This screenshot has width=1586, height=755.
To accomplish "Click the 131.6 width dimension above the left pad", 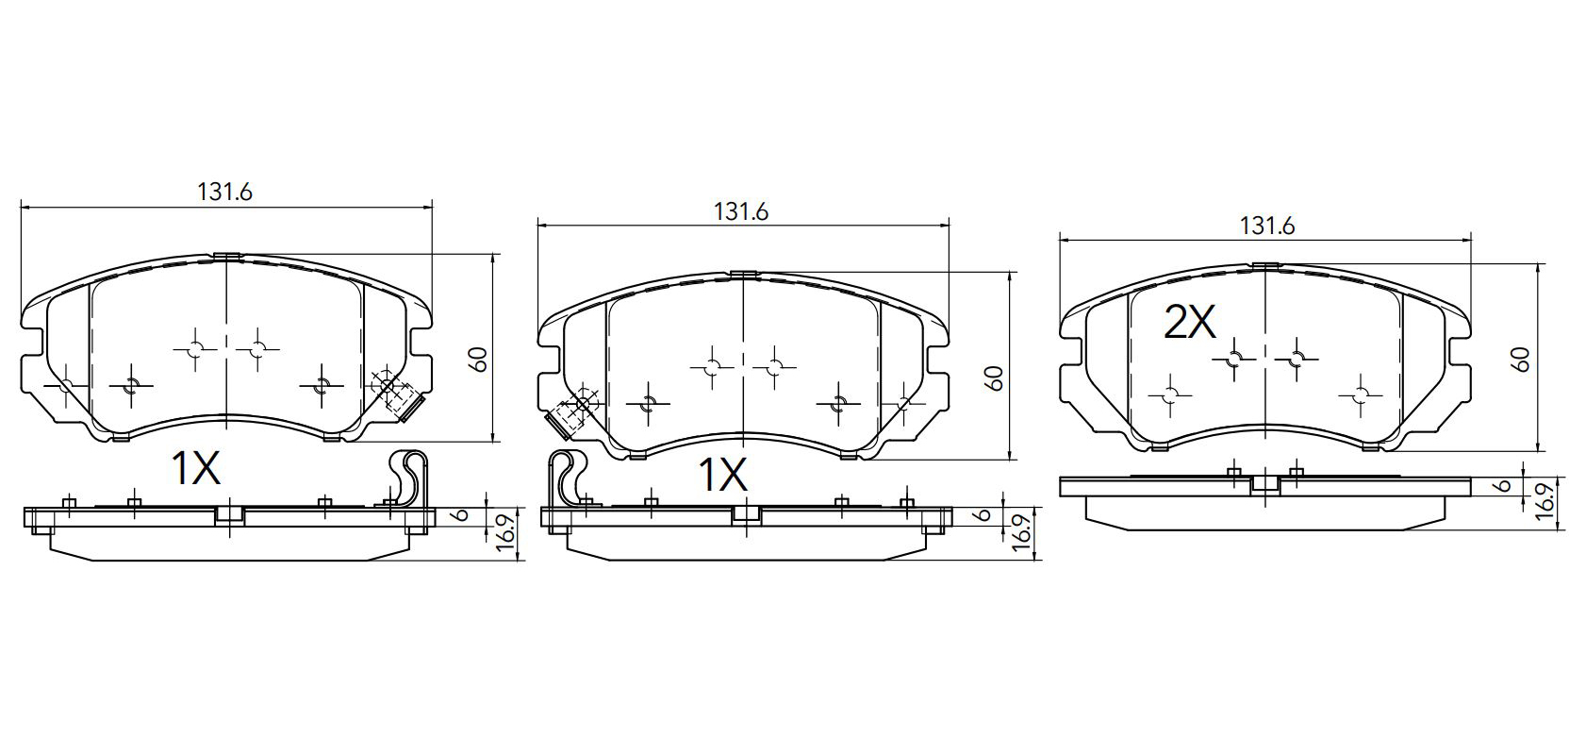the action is pos(224,193).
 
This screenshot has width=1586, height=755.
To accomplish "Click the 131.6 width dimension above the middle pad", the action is pos(740,212).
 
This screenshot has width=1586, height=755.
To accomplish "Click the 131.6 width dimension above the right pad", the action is pos(1267,226).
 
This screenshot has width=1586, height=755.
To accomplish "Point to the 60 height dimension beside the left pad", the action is pos(479,360).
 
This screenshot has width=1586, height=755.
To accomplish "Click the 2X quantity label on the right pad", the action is pos(1190,322).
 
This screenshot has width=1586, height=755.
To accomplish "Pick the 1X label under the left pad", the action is pos(196,469).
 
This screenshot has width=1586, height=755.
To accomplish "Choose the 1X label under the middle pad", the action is pos(723,475).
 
